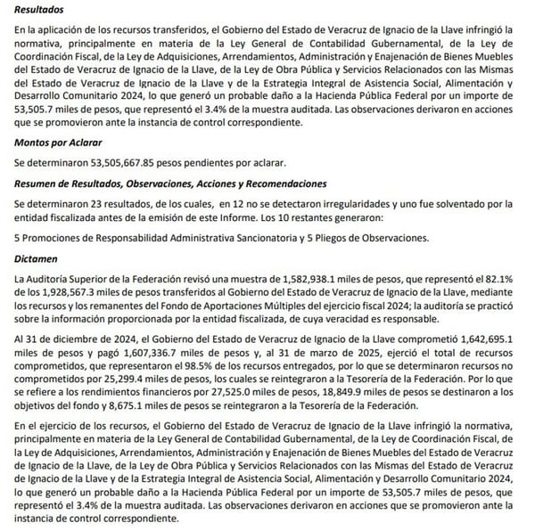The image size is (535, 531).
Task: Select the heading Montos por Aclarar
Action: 60,143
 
